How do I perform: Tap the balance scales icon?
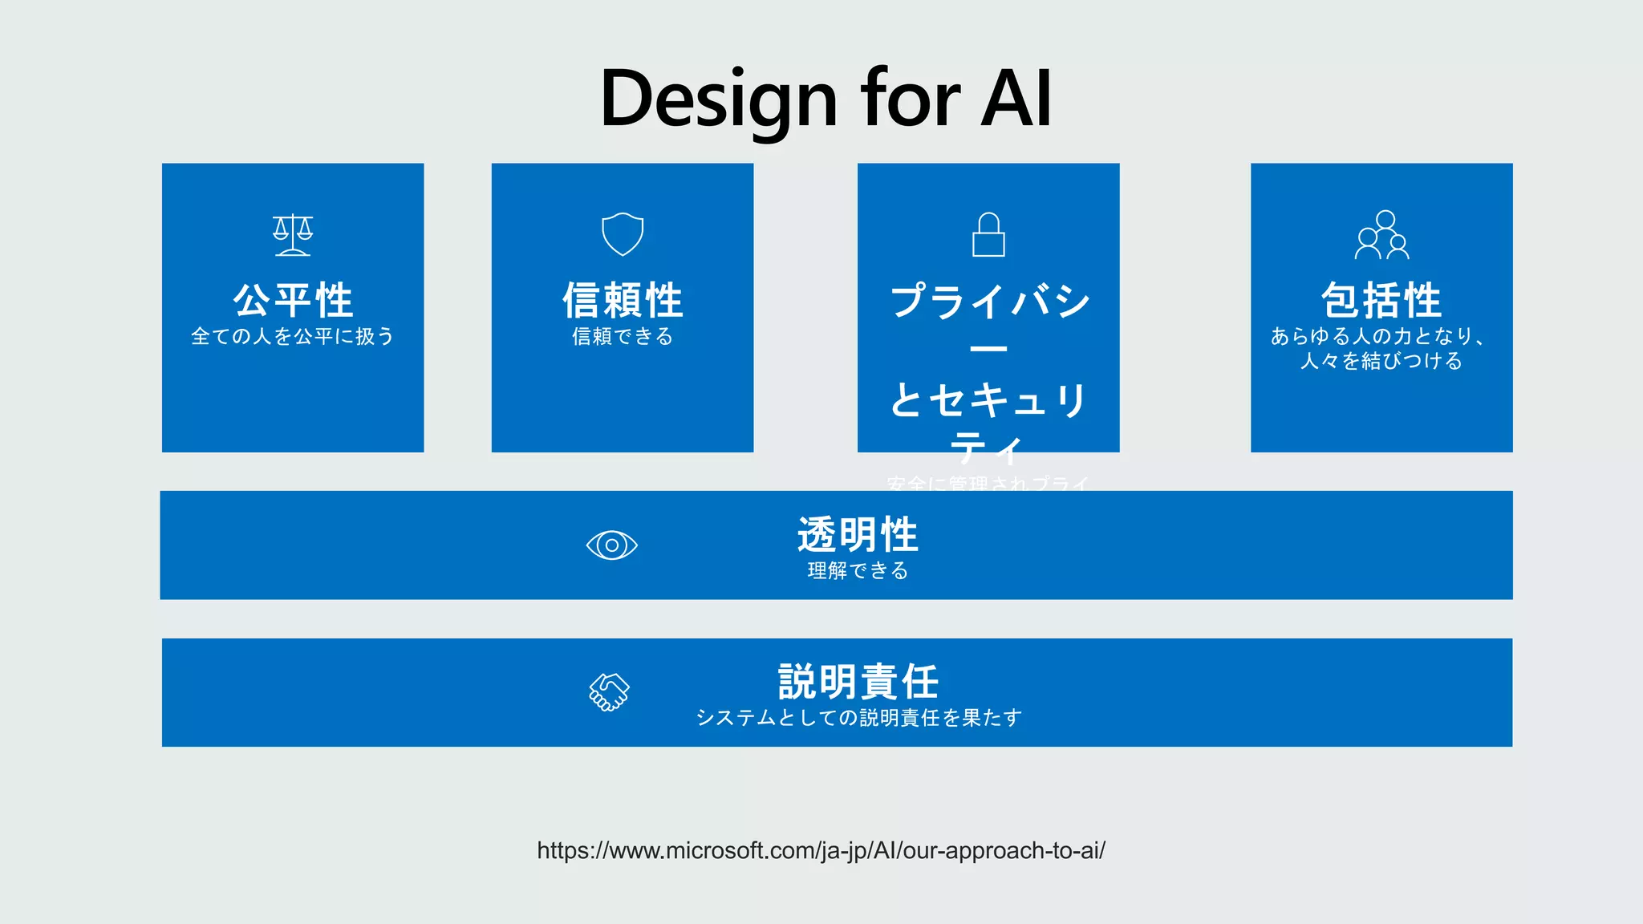point(293,235)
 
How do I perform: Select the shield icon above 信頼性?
point(623,234)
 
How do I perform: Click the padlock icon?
point(988,235)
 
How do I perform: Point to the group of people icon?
point(1381,235)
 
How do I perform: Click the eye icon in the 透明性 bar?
point(611,545)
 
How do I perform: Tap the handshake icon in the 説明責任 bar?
point(609,691)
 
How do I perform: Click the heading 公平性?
point(293,301)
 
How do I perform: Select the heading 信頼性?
point(623,301)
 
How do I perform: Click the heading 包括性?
point(1381,301)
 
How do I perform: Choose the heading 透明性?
point(857,535)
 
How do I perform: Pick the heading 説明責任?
point(858,682)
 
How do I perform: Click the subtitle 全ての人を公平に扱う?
point(293,336)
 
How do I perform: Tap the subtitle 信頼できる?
point(623,336)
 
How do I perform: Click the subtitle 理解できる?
point(858,570)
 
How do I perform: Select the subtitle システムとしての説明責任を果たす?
point(858,717)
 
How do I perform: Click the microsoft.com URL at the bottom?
point(821,850)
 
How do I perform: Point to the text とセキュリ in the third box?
point(988,399)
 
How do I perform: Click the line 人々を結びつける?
point(1381,361)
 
